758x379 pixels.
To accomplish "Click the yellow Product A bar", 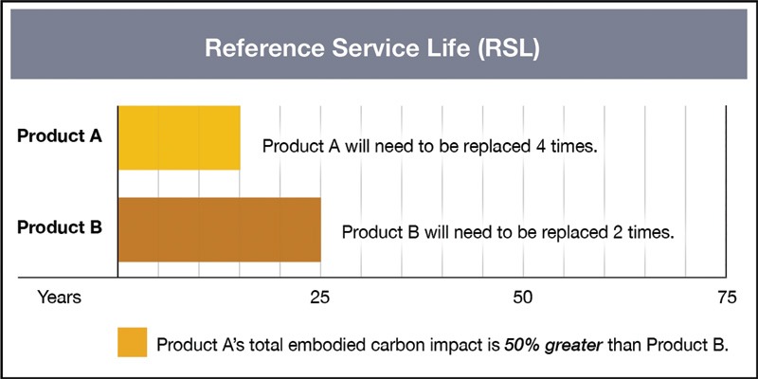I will pos(179,137).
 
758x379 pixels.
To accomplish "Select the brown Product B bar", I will pos(219,229).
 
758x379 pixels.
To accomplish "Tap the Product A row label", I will pos(60,135).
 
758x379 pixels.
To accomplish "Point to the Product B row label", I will pos(60,227).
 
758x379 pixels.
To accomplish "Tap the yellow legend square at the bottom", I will pos(133,342).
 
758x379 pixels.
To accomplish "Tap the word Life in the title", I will pos(442,48).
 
